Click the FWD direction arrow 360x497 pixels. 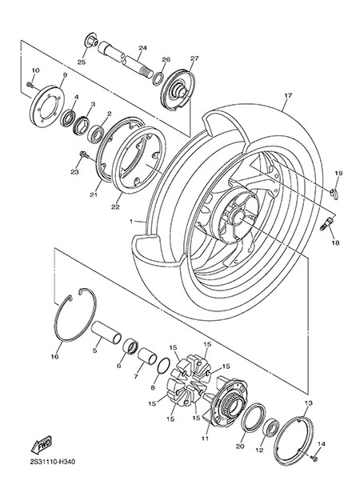pyautogui.click(x=41, y=445)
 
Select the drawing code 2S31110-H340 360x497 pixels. pyautogui.click(x=53, y=462)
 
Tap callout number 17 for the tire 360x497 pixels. pyautogui.click(x=288, y=95)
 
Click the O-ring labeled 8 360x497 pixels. pyautogui.click(x=164, y=366)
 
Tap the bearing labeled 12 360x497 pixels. pyautogui.click(x=271, y=427)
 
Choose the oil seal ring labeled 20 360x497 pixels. pyautogui.click(x=254, y=418)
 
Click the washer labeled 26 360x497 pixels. pyautogui.click(x=158, y=78)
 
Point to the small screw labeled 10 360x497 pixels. pyautogui.click(x=30, y=84)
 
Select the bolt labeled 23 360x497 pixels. pyautogui.click(x=84, y=154)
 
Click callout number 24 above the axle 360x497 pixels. pyautogui.click(x=142, y=48)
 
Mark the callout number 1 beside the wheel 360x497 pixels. pyautogui.click(x=131, y=221)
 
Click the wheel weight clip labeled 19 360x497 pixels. pyautogui.click(x=334, y=193)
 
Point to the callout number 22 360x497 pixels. pyautogui.click(x=115, y=206)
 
